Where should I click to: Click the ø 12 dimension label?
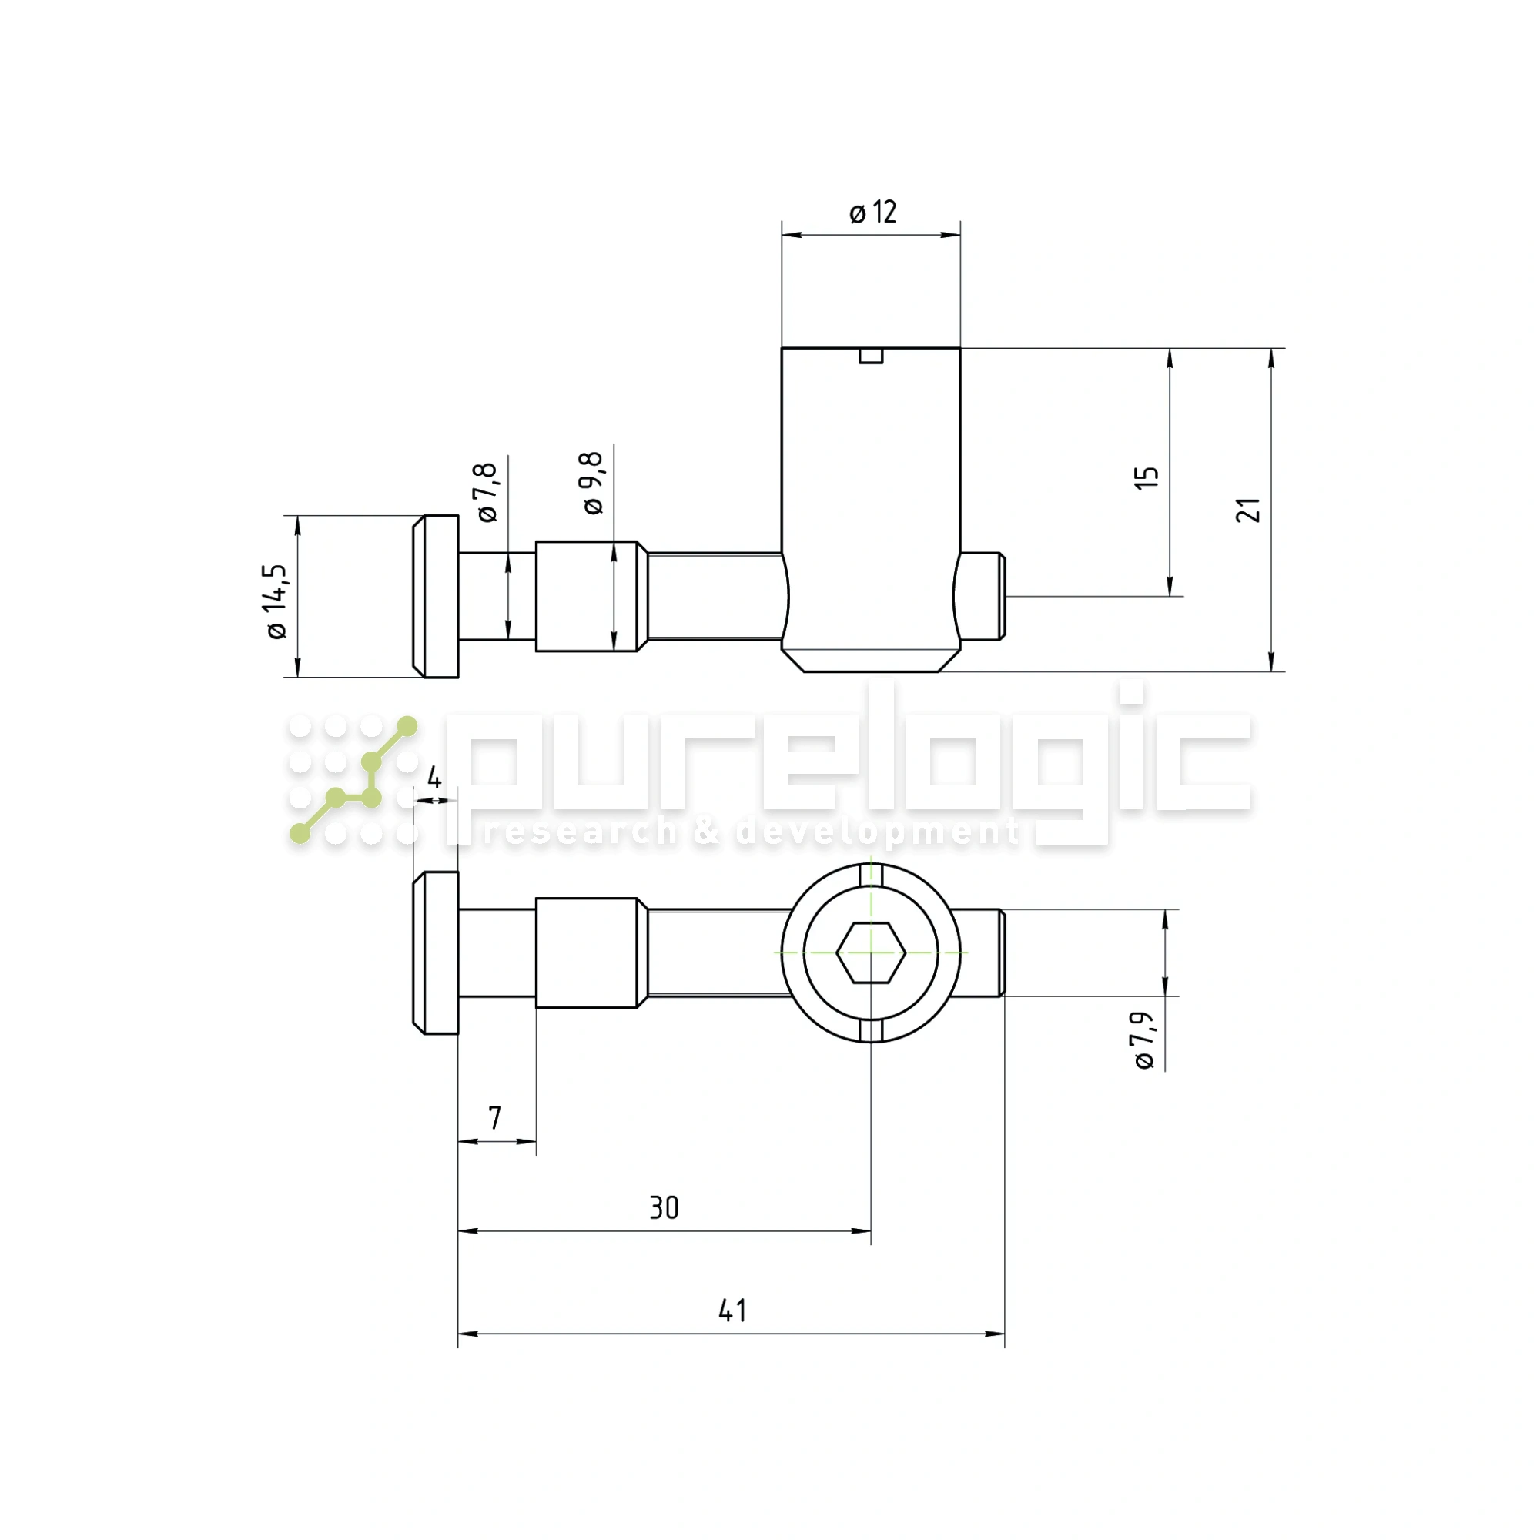(x=873, y=213)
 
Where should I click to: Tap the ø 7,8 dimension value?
(x=487, y=492)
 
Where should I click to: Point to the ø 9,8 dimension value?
(x=593, y=483)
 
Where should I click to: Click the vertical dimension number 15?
(x=1147, y=477)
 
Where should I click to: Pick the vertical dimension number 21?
(x=1247, y=511)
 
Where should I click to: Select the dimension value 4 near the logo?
(x=434, y=778)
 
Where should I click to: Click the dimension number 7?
(x=495, y=1118)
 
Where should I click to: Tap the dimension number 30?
(x=663, y=1207)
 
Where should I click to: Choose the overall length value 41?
(x=731, y=1311)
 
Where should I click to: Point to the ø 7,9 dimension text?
(x=1144, y=1040)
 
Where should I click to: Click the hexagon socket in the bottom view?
(x=870, y=952)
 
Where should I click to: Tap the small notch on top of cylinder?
(x=870, y=356)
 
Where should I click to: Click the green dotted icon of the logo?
(x=353, y=778)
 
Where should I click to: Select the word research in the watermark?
(x=580, y=832)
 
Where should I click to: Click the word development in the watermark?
(x=877, y=832)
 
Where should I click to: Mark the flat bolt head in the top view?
(x=436, y=596)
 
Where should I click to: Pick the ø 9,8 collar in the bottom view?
(x=587, y=952)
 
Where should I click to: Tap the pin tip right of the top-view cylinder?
(x=982, y=596)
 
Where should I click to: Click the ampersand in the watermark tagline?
(x=706, y=832)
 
